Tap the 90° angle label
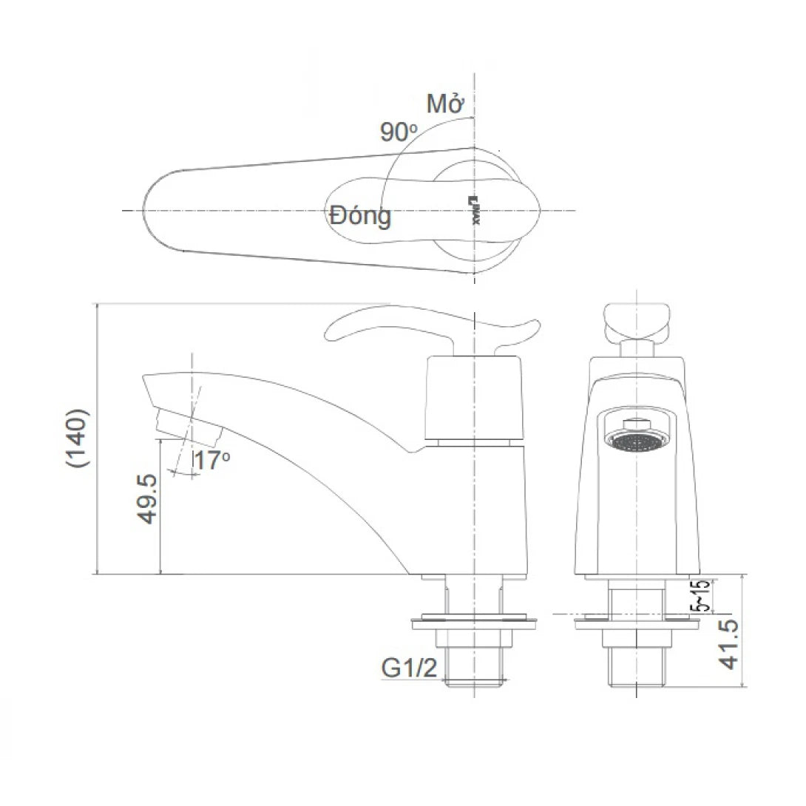coord(399,132)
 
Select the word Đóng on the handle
coord(361,217)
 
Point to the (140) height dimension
coord(78,438)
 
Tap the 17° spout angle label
coord(211,461)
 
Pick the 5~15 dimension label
coord(700,595)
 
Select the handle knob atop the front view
coord(636,320)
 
